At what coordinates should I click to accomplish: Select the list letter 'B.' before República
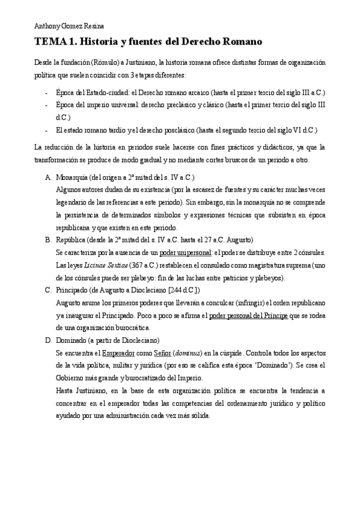(48, 239)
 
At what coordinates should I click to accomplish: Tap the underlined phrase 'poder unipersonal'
(186, 253)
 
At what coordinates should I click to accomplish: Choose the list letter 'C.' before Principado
(48, 290)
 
